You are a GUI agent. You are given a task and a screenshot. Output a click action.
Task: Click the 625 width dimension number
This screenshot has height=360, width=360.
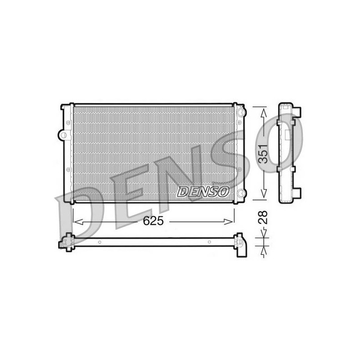(x=153, y=221)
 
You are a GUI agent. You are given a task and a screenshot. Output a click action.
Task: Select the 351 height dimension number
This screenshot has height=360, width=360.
(x=263, y=154)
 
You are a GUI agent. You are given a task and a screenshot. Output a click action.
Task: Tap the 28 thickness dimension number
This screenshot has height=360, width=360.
(x=263, y=217)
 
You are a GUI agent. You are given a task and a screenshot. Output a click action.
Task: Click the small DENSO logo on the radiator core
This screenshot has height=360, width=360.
(x=203, y=191)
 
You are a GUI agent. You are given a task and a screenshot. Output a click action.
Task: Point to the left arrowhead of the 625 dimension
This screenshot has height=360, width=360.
(x=77, y=222)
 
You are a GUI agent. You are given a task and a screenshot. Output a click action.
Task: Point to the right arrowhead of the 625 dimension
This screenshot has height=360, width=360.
(x=229, y=222)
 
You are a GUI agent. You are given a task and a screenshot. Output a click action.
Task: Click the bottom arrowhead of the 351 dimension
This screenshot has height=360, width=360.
(x=264, y=193)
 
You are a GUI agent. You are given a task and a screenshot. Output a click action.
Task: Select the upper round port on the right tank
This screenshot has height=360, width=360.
(x=240, y=112)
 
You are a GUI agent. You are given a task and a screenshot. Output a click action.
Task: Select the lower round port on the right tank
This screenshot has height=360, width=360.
(x=240, y=193)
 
